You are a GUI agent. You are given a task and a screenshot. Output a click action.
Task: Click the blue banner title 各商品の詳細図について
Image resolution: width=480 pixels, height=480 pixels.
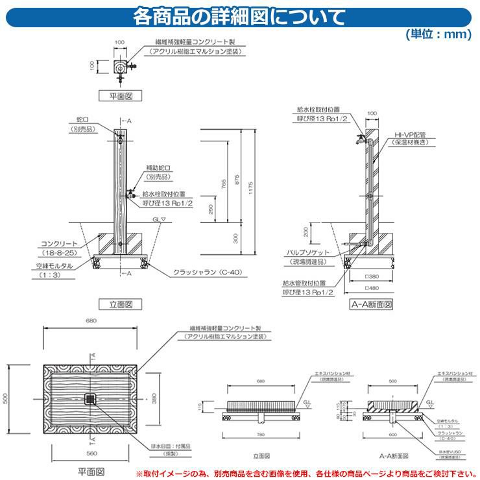point(239,15)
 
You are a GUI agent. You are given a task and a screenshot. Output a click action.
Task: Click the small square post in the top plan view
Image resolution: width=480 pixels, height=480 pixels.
point(119,66)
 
